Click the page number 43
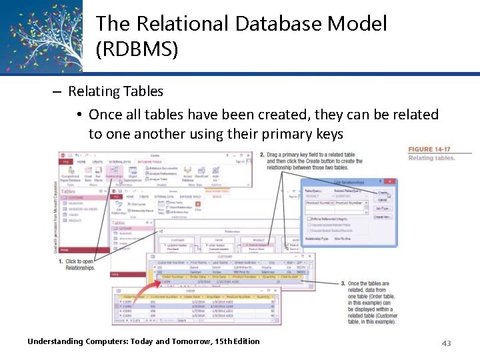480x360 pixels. pyautogui.click(x=446, y=343)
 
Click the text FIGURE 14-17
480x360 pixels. pyautogui.click(x=429, y=149)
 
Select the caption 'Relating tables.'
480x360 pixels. pyautogui.click(x=431, y=158)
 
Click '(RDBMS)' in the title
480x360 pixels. pyautogui.click(x=137, y=49)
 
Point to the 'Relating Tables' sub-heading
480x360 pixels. pyautogui.click(x=115, y=91)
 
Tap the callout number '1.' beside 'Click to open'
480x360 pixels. pyautogui.click(x=61, y=262)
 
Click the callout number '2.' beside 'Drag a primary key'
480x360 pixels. pyautogui.click(x=262, y=155)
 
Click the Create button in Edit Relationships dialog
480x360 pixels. pyautogui.click(x=383, y=191)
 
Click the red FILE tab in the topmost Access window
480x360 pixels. pyautogui.click(x=66, y=161)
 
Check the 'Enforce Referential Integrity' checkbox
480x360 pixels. pyautogui.click(x=309, y=218)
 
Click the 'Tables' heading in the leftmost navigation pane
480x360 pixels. pyautogui.click(x=69, y=191)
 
